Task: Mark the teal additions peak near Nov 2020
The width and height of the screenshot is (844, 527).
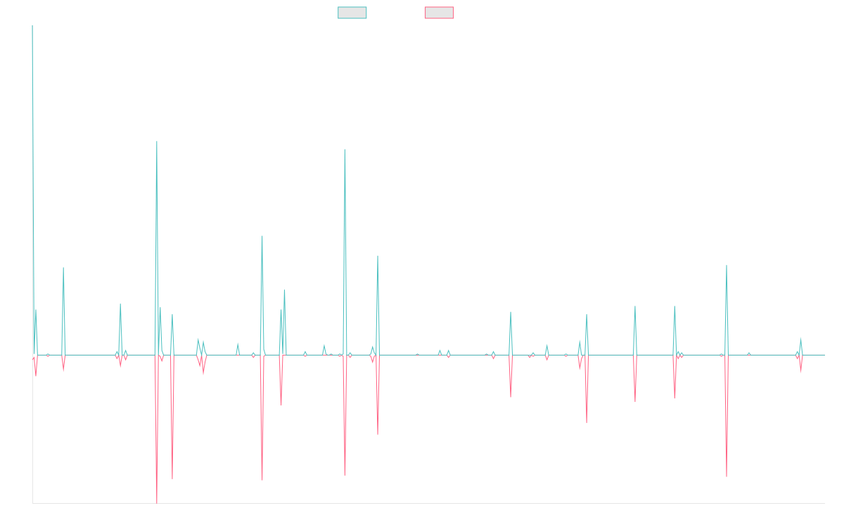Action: pyautogui.click(x=345, y=149)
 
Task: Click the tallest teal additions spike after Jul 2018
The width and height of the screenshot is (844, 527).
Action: pyautogui.click(x=157, y=142)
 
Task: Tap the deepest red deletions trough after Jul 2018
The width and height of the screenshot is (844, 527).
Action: pyautogui.click(x=157, y=502)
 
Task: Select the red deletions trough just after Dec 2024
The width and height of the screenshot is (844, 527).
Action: pyautogui.click(x=727, y=476)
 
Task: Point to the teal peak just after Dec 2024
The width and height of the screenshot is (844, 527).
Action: pyautogui.click(x=727, y=266)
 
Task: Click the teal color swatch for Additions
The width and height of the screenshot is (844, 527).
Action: pyautogui.click(x=352, y=13)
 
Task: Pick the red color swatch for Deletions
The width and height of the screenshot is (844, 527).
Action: pyautogui.click(x=439, y=13)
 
